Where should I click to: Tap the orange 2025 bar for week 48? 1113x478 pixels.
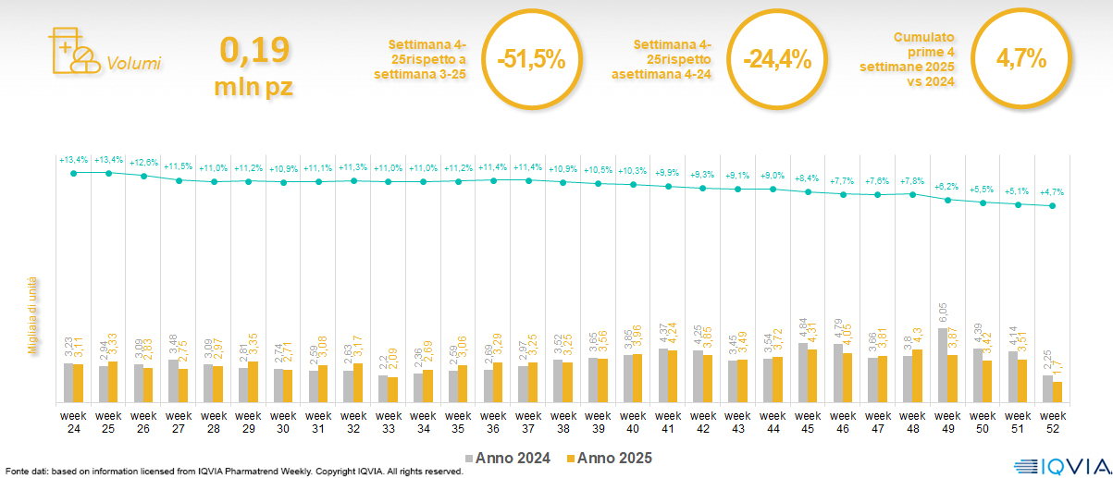coord(918,376)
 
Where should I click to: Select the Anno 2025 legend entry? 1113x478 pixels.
coord(610,458)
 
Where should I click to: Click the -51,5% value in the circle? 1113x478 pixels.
coord(530,59)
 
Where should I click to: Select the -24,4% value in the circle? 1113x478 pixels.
coord(776,59)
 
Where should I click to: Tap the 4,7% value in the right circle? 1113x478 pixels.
coord(1020,59)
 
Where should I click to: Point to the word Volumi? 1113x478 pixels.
coord(134,64)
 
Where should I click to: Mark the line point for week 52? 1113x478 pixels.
coord(1053,206)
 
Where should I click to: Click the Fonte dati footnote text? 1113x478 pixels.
coord(233,472)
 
